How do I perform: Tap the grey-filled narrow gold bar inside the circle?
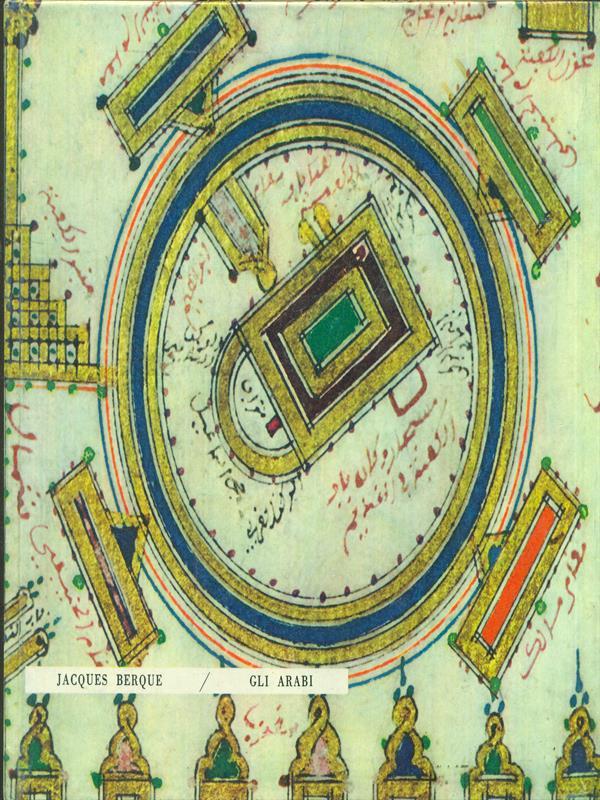[236, 224]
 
